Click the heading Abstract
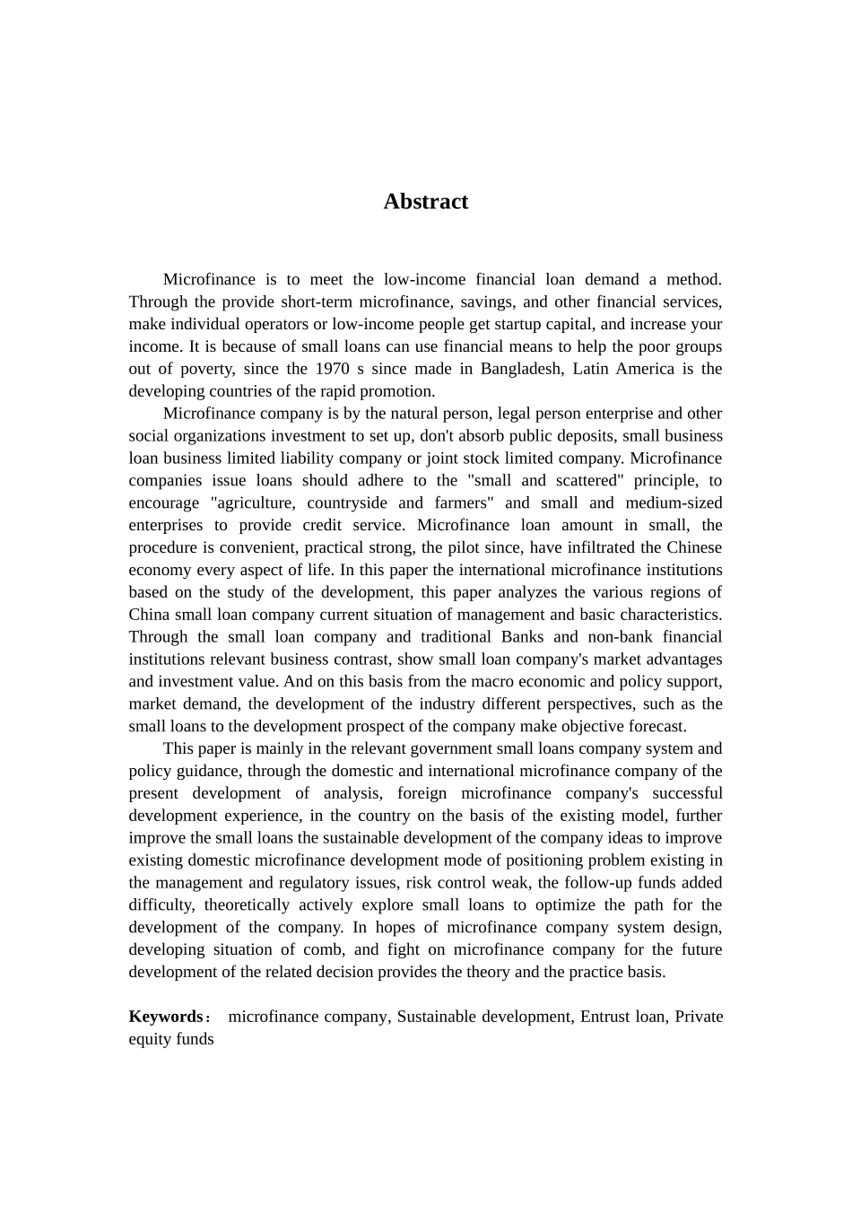pyautogui.click(x=425, y=202)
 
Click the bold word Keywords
pyautogui.click(x=166, y=1017)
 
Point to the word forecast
pyautogui.click(x=657, y=727)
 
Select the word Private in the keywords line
pyautogui.click(x=699, y=1017)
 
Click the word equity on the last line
pyautogui.click(x=149, y=1039)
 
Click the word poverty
pyautogui.click(x=204, y=369)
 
